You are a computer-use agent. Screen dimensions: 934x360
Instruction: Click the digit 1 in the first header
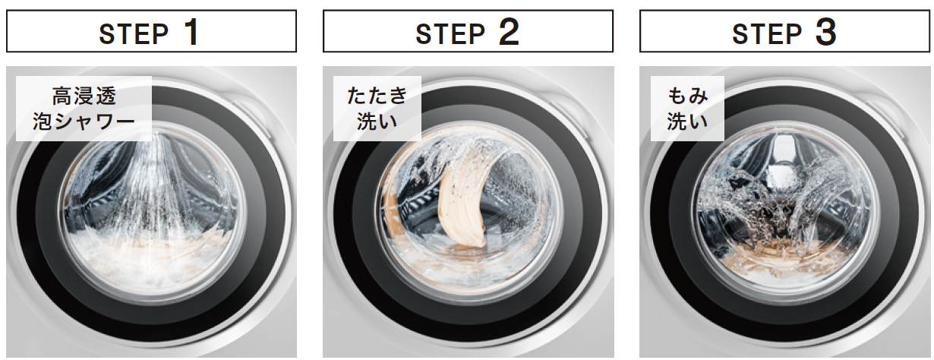tap(192, 32)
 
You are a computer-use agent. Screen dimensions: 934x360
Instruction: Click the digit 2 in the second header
tap(509, 32)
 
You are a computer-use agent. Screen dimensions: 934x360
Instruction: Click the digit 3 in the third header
tap(825, 32)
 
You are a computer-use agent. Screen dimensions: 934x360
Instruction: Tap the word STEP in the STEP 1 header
tap(134, 34)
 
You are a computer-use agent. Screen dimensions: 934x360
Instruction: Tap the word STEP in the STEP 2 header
tap(450, 34)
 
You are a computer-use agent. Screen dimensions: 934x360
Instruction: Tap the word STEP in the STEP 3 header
tap(767, 34)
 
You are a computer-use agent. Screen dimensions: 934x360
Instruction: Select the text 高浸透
tap(84, 96)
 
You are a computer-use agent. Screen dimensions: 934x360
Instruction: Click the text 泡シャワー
tap(84, 122)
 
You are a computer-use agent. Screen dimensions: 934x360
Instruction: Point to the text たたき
tap(377, 96)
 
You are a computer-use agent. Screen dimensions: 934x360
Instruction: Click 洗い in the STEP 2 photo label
tap(377, 122)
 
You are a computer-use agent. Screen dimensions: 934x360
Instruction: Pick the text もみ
tap(687, 96)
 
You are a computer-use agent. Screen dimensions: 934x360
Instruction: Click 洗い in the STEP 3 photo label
tap(687, 122)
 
